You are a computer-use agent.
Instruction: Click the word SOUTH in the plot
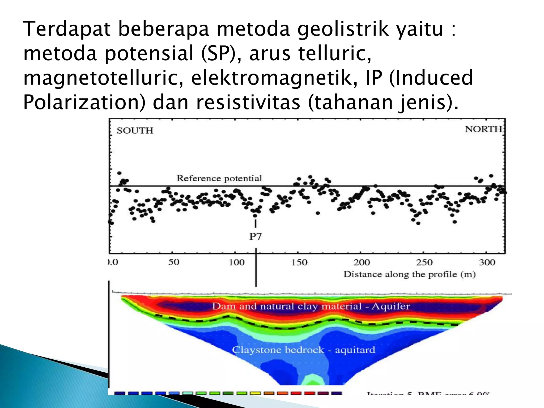135,131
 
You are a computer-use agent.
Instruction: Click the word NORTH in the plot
483,129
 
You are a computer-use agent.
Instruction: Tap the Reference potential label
219,178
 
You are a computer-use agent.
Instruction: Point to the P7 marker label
255,236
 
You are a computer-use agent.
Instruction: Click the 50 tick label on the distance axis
174,262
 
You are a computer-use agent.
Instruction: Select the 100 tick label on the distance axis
236,262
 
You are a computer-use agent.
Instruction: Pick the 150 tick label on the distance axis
299,262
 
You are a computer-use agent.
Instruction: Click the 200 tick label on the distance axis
362,262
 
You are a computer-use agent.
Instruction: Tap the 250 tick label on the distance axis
424,262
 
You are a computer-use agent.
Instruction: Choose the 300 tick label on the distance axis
487,262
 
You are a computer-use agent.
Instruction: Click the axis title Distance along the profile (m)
409,274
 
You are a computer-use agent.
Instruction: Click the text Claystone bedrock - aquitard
304,350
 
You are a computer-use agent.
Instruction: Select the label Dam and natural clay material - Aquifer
311,306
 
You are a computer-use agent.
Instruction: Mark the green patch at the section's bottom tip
312,380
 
